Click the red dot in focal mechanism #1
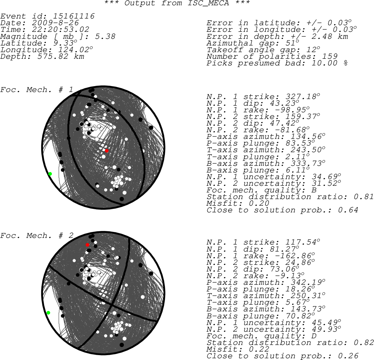point(107,151)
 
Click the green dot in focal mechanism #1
point(50,174)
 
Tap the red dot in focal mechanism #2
point(87,245)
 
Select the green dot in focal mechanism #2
point(49,313)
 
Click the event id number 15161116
point(74,16)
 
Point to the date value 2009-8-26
point(55,23)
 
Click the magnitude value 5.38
point(105,36)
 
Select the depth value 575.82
point(53,56)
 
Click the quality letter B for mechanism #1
point(314,190)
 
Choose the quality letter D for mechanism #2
point(314,336)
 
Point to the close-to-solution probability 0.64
point(348,210)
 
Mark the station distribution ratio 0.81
point(364,197)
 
